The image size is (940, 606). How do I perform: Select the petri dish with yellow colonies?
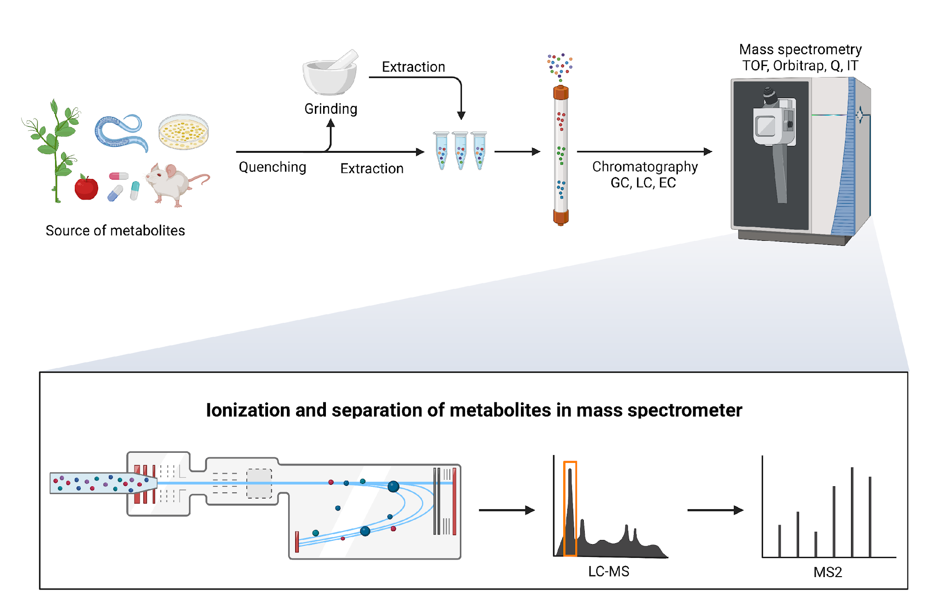[x=184, y=132]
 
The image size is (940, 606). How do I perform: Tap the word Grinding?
[x=331, y=109]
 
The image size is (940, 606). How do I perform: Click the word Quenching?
[x=273, y=167]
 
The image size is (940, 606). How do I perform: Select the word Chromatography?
[x=645, y=167]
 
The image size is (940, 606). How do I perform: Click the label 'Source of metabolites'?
[x=115, y=230]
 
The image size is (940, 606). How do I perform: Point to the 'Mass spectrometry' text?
[x=800, y=50]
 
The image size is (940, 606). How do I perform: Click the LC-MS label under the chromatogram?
[x=609, y=572]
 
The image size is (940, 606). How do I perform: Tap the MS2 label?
[x=828, y=573]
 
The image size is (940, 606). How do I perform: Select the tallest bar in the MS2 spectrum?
[x=852, y=512]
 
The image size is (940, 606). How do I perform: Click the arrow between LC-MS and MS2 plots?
[x=715, y=510]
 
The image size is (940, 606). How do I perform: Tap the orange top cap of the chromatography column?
[x=561, y=93]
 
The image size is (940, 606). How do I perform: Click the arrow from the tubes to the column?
[x=517, y=151]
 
